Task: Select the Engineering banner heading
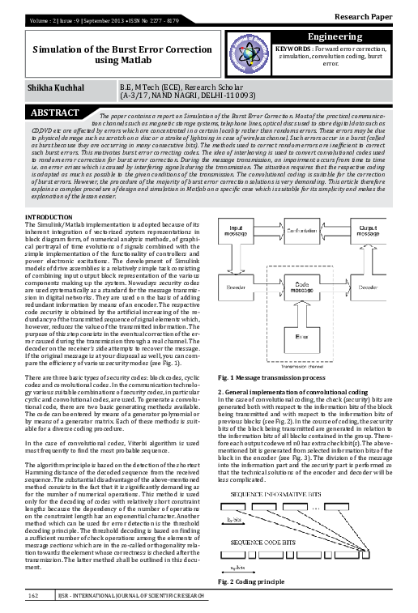click(x=340, y=38)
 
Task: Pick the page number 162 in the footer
click(x=34, y=596)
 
